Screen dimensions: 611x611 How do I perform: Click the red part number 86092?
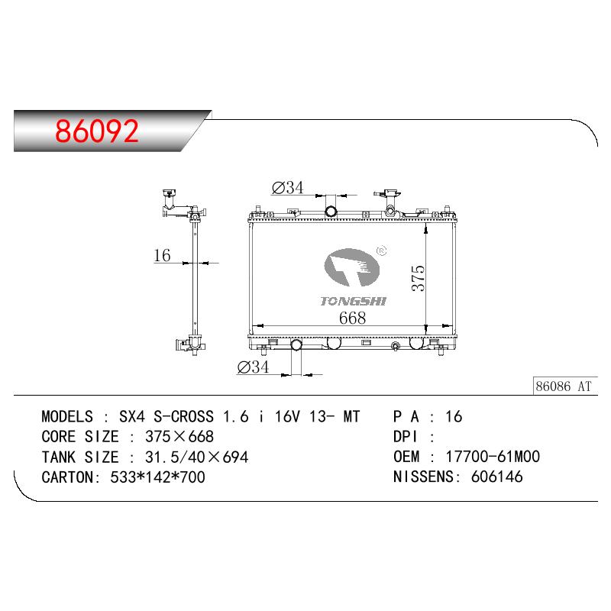click(x=97, y=131)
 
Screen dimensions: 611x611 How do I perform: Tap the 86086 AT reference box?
click(x=564, y=386)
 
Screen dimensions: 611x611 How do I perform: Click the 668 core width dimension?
click(x=352, y=318)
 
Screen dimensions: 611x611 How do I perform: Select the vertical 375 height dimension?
click(x=418, y=278)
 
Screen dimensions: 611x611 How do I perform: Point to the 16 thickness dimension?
click(x=162, y=255)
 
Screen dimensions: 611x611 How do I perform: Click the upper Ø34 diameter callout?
click(x=288, y=188)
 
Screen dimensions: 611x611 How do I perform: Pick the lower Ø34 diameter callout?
click(x=253, y=367)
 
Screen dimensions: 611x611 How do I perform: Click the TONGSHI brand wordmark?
click(x=353, y=301)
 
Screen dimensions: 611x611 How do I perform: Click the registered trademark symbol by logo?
click(x=381, y=251)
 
